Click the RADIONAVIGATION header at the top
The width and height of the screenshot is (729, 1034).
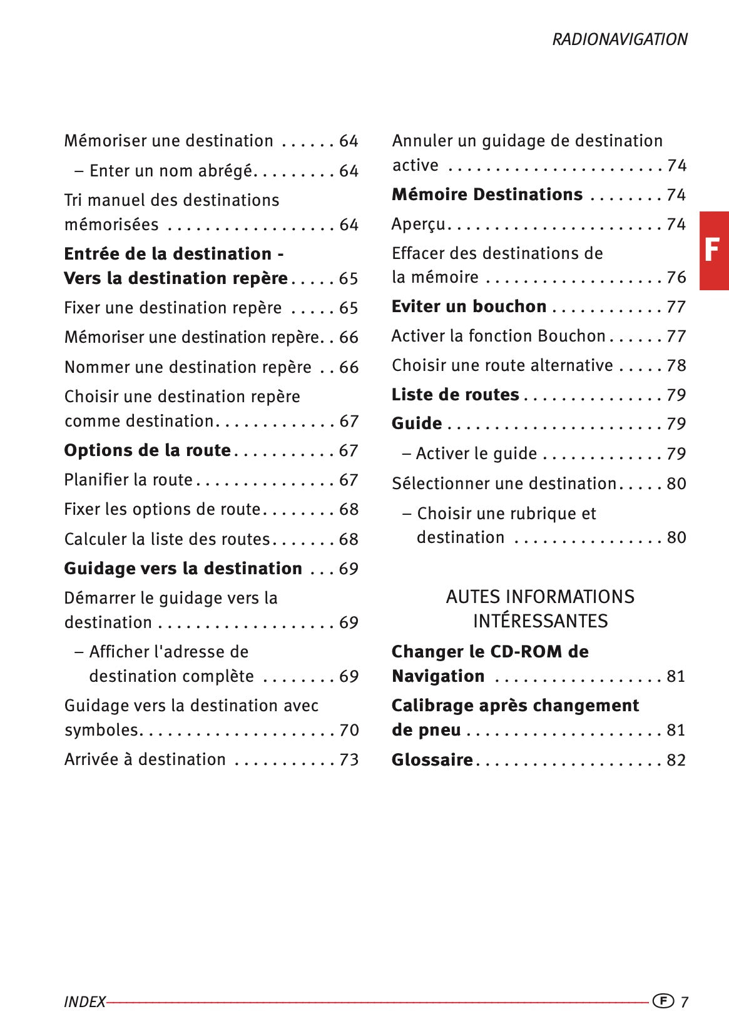[x=619, y=39]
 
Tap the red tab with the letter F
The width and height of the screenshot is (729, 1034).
[x=713, y=251]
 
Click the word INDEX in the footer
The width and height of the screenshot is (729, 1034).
[x=84, y=1002]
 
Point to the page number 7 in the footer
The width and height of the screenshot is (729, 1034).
[x=684, y=1002]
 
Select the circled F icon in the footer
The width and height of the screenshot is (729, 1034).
[x=663, y=1001]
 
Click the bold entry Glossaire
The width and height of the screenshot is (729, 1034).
[x=432, y=760]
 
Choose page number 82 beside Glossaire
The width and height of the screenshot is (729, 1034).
[x=676, y=760]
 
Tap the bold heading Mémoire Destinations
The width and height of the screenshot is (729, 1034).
[x=487, y=195]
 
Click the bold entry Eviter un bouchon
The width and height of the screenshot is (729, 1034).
[x=469, y=307]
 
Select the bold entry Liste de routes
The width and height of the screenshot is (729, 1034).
[x=455, y=395]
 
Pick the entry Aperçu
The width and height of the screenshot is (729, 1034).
[x=418, y=224]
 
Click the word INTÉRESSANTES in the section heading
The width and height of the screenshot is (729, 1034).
[x=540, y=621]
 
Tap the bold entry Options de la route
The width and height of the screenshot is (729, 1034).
[x=147, y=450]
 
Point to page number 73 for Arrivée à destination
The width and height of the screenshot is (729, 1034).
[x=349, y=759]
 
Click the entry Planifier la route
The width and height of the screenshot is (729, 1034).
[x=128, y=480]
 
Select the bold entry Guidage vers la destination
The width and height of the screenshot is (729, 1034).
[x=183, y=569]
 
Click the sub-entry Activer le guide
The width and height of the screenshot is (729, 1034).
[x=476, y=454]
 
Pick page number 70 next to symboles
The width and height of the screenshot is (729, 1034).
[x=349, y=730]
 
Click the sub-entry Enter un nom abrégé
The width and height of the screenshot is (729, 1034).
[x=170, y=171]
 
